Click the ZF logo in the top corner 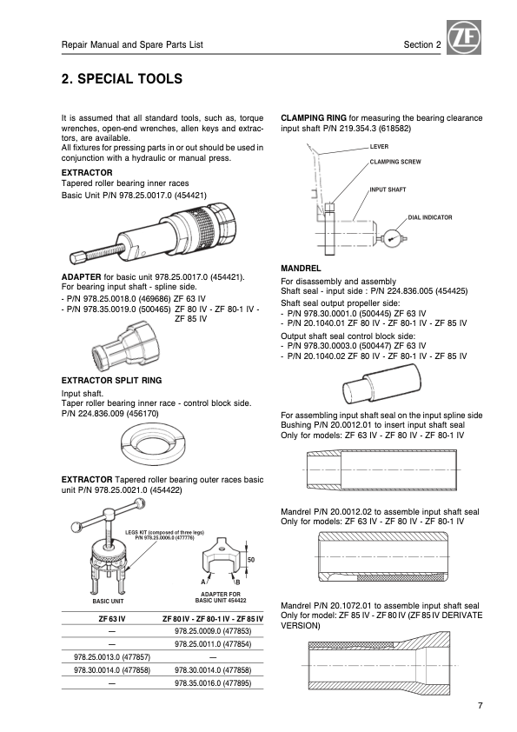(464, 37)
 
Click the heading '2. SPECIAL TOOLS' (122, 79)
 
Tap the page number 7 (481, 705)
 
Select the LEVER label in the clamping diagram (379, 147)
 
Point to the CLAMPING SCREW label (395, 162)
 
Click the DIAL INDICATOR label (430, 217)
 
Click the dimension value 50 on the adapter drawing (251, 559)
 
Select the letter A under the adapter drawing (203, 582)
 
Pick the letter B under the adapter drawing (237, 582)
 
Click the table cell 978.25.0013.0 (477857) (112, 657)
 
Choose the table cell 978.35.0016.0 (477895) (213, 683)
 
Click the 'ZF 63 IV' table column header (112, 619)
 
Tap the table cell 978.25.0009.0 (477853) (213, 631)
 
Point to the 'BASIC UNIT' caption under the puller (108, 602)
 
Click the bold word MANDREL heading (301, 269)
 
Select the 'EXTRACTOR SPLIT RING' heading (111, 381)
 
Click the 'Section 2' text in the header (421, 45)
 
